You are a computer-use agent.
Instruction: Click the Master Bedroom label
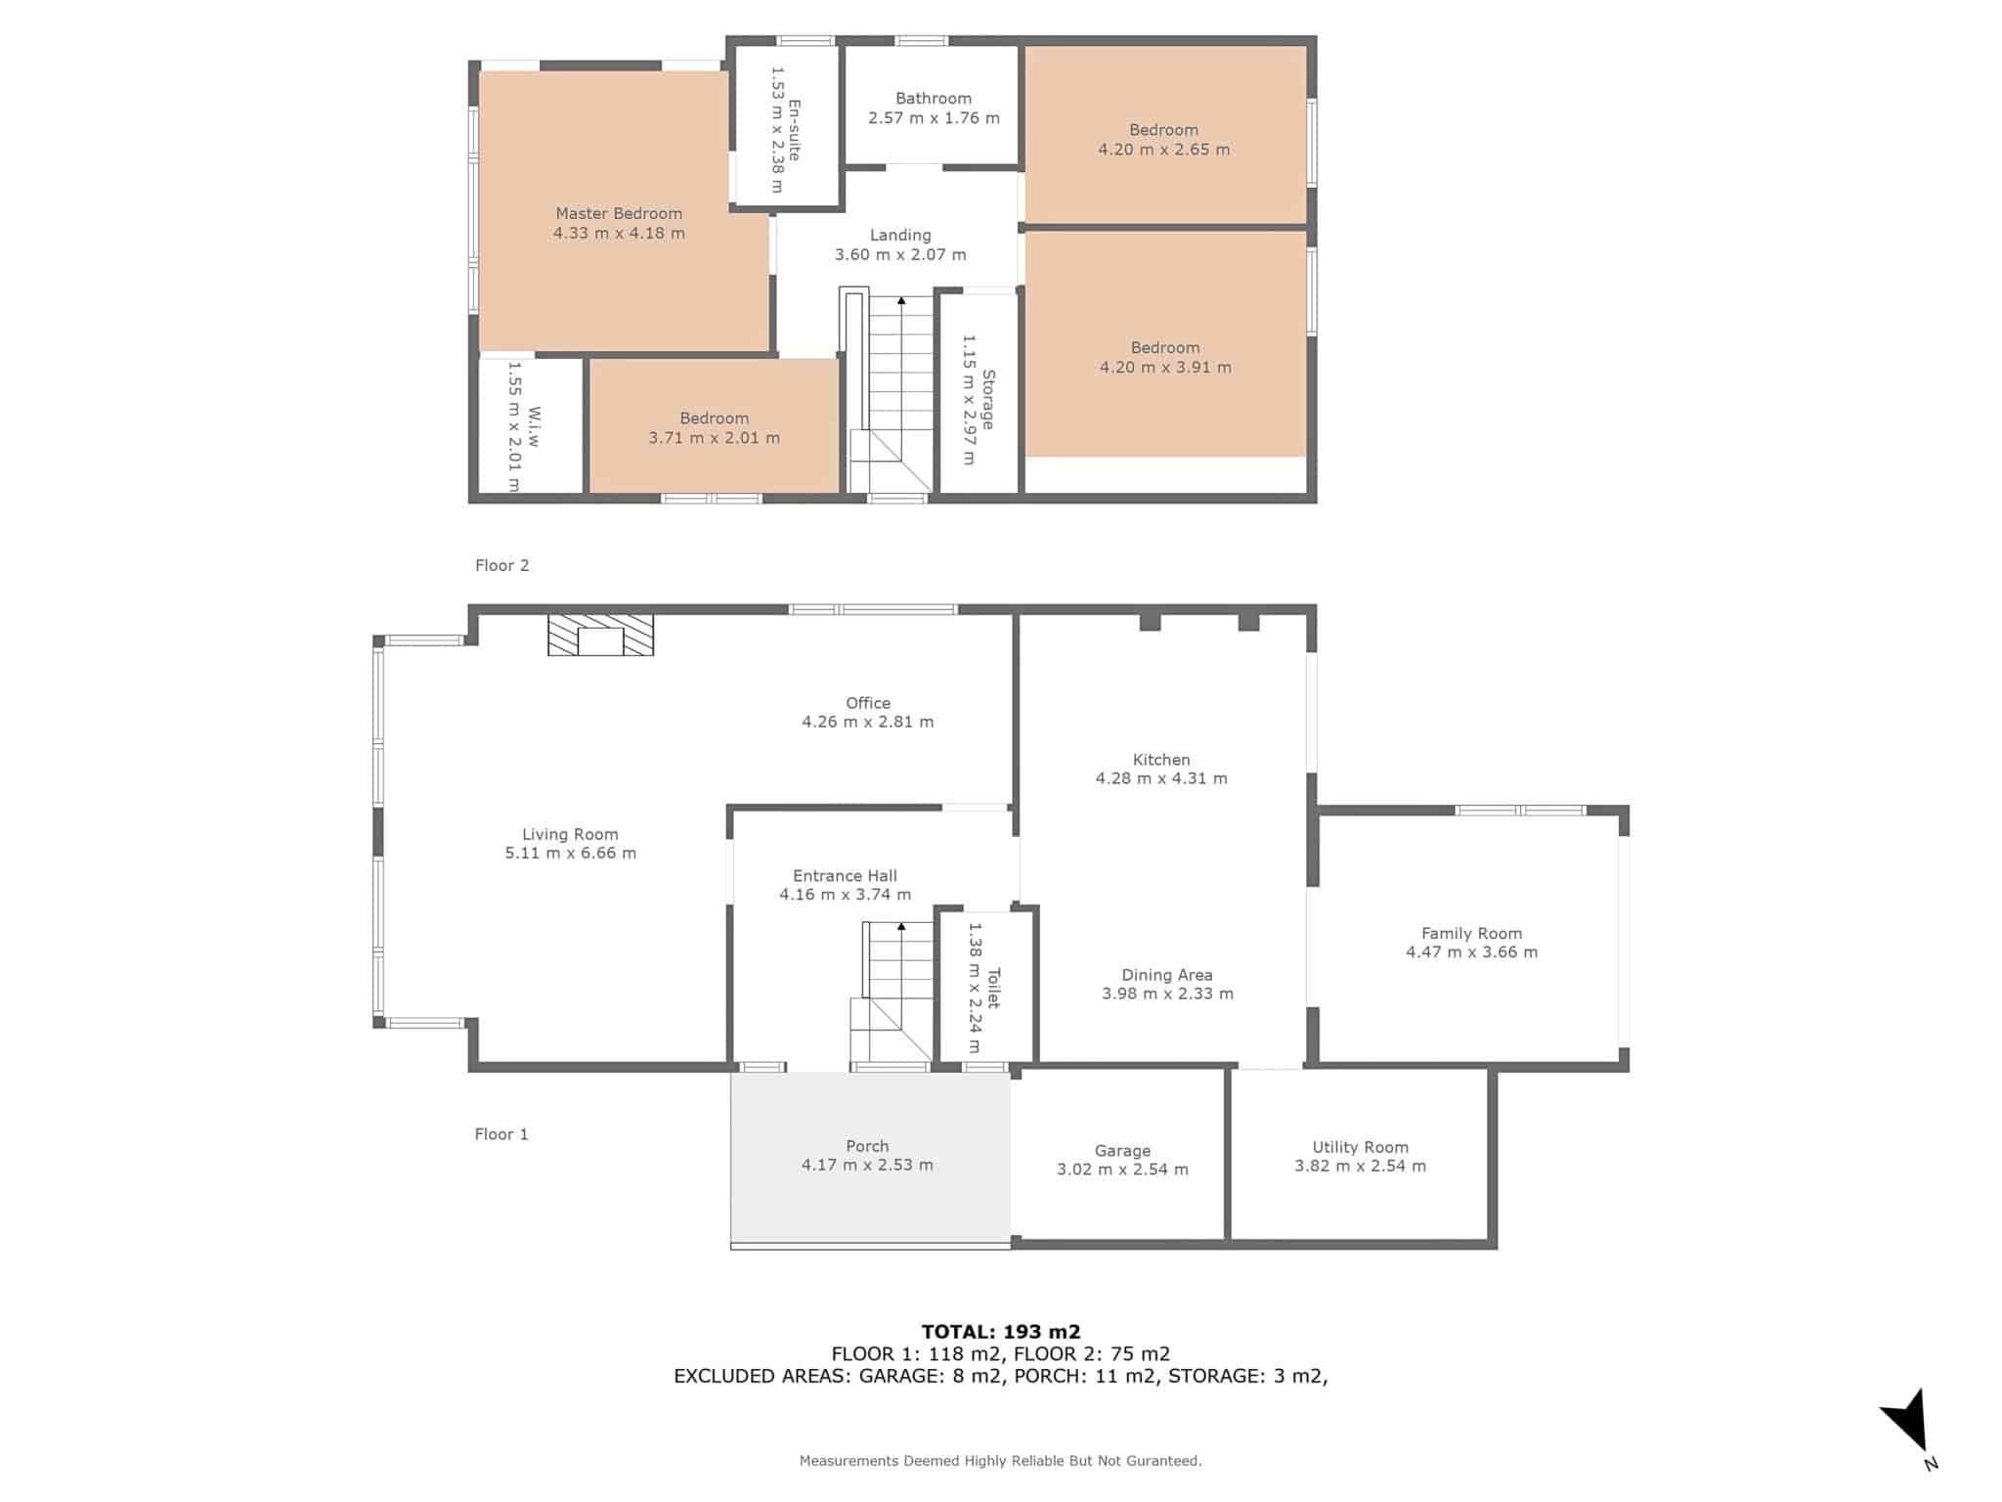619,213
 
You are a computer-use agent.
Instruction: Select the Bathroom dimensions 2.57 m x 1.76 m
934,118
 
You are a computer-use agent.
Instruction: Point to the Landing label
900,235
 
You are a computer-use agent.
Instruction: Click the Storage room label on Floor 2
988,399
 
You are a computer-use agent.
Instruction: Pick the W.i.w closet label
534,426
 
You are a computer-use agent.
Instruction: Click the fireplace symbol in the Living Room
600,635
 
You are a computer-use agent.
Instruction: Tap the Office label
868,703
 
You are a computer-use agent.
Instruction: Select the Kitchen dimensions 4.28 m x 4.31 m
1161,778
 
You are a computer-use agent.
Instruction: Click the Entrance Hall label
845,876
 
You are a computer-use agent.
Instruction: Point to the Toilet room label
993,988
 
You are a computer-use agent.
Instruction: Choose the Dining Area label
1167,975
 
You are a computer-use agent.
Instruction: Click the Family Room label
1471,934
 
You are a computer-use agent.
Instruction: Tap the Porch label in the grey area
867,1146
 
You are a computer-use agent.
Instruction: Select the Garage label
1122,1151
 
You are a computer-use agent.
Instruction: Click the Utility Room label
1360,1147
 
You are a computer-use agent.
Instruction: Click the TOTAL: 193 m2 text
1001,1331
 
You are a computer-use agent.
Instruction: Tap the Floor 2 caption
501,565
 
